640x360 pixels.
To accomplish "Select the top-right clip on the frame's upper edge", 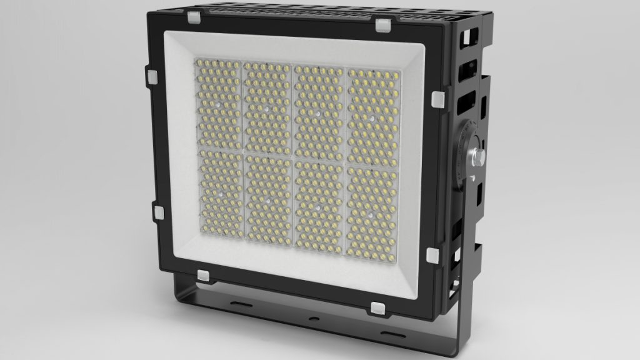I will click(382, 25).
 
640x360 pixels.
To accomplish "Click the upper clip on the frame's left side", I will click(152, 74).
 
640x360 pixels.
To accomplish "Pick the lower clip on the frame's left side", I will click(157, 211).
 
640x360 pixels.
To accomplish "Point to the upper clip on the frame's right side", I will click(438, 98).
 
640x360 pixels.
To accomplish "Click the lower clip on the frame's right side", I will click(432, 254).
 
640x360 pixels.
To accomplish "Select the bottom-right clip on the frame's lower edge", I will click(378, 307).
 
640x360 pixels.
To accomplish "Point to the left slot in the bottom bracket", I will click(241, 303).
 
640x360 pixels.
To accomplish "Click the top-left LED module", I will click(218, 104).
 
